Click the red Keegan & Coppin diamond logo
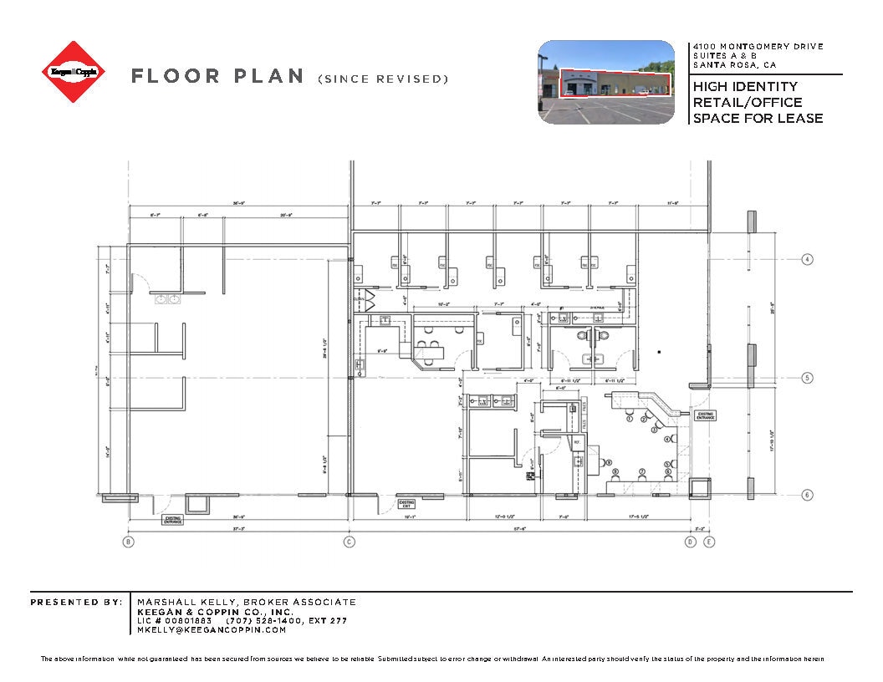[x=74, y=73]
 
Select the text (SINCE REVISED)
[x=383, y=79]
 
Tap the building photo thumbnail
[x=605, y=82]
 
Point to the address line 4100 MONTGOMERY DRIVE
[x=758, y=47]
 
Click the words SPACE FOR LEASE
[x=758, y=118]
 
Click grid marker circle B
[x=128, y=542]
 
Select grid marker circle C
[x=349, y=542]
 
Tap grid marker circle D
[x=690, y=542]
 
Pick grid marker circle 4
[x=807, y=258]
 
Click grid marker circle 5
[x=807, y=378]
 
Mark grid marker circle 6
[x=807, y=495]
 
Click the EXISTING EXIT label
[x=406, y=504]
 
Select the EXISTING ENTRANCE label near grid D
[x=706, y=415]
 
